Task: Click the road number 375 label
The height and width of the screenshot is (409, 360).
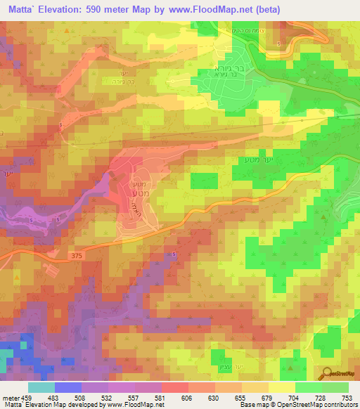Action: (77, 257)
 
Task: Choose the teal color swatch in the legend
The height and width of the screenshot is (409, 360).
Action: (41, 387)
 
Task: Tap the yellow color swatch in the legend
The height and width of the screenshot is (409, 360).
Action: (282, 387)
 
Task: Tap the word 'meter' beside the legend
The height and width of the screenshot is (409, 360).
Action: (11, 397)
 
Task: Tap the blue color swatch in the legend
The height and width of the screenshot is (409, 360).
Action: (68, 387)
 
